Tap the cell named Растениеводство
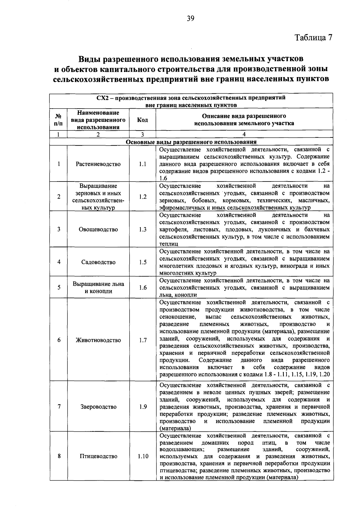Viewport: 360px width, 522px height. pos(98,164)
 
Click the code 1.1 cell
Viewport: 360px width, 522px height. pos(142,164)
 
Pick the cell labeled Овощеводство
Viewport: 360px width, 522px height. pos(98,229)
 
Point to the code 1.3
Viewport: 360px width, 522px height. pos(143,229)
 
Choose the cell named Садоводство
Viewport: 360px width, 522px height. pos(98,262)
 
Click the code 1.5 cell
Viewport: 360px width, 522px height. pos(143,262)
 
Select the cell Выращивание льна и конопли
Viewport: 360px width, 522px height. pos(98,287)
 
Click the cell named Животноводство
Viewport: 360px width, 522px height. pos(98,340)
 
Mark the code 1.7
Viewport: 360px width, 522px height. pos(143,340)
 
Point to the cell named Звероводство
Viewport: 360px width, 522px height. pos(98,407)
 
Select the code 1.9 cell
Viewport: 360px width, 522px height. pos(143,407)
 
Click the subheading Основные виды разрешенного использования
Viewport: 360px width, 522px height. pos(191,142)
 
